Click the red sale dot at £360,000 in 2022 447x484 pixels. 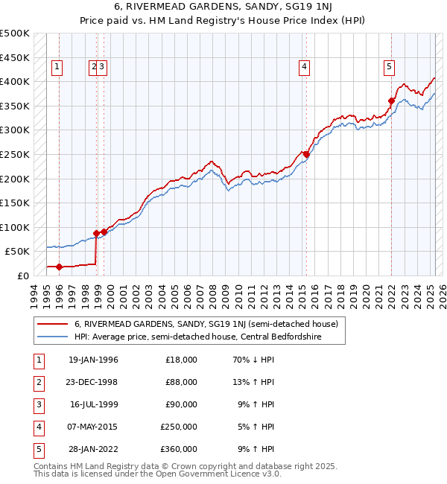tap(391, 101)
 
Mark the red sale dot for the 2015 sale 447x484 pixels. tap(306, 154)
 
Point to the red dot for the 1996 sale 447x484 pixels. tap(59, 266)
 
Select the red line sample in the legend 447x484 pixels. tap(52, 324)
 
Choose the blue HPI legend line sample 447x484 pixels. tap(52, 336)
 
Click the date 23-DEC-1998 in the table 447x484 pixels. tap(93, 382)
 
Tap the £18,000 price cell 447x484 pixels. tap(181, 360)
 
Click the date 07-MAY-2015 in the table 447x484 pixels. tap(93, 427)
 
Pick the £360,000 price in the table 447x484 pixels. tap(179, 449)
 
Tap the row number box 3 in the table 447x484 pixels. tap(38, 404)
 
